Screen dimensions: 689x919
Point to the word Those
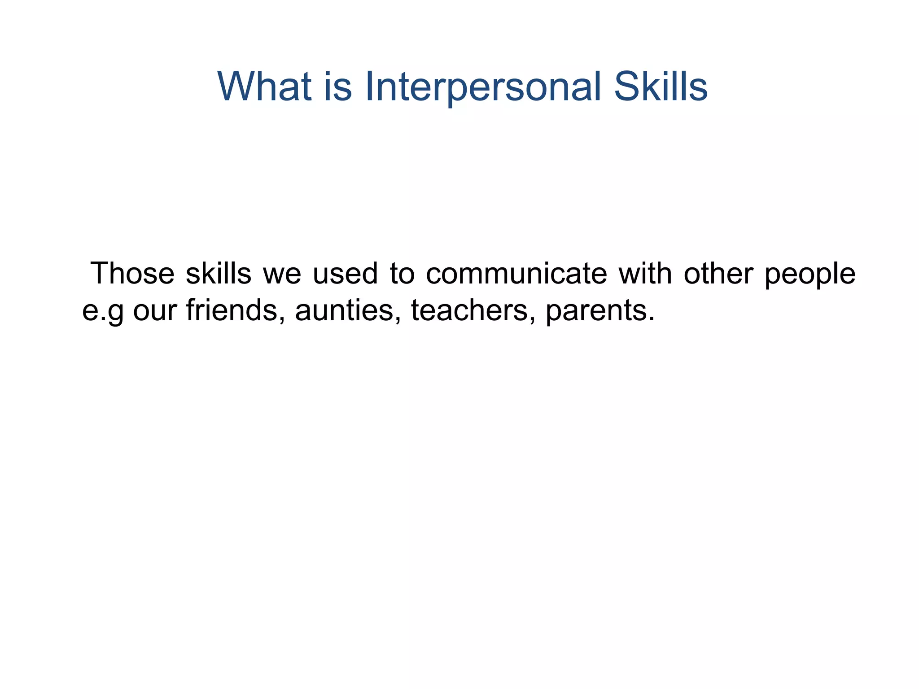coord(132,273)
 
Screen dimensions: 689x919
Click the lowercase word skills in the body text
coord(219,273)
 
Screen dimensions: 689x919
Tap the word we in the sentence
coord(282,274)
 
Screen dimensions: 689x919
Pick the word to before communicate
coord(402,273)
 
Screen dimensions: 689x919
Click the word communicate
coord(516,273)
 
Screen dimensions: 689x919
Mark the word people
coord(810,274)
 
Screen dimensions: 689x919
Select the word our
coord(154,310)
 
